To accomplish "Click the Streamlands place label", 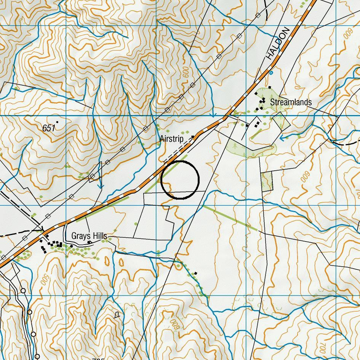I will [x=291, y=102].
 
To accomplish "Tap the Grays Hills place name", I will [x=89, y=236].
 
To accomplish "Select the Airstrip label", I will [x=171, y=139].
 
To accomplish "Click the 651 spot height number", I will [x=48, y=128].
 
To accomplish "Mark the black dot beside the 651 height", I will [x=57, y=122].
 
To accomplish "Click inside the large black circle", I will [x=180, y=180].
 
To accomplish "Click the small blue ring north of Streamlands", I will [x=271, y=72].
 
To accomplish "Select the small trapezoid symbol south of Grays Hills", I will [x=117, y=315].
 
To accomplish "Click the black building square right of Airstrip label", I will [x=193, y=136].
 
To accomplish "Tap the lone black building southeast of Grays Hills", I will [x=195, y=273].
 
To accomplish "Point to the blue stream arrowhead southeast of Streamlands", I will [x=282, y=138].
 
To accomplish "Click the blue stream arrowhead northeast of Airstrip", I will [x=213, y=115].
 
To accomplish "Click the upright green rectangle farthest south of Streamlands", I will [x=267, y=181].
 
